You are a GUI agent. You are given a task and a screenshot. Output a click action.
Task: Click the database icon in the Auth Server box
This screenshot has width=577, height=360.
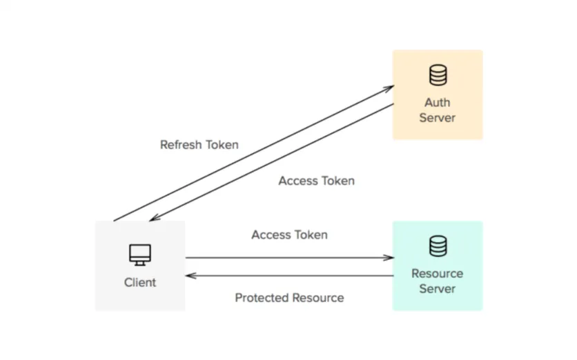(437, 74)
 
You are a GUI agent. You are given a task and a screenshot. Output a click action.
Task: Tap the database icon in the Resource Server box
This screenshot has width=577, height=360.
(437, 246)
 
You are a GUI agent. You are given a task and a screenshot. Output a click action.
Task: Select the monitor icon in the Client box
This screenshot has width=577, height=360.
(140, 254)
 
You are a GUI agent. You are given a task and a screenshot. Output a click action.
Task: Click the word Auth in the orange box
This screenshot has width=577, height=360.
(437, 103)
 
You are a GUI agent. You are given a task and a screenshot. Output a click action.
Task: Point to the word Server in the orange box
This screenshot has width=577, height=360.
(437, 118)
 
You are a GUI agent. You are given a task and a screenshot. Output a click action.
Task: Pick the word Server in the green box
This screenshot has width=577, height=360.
(437, 289)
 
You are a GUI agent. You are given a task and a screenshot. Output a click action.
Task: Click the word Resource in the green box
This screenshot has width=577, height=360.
(437, 274)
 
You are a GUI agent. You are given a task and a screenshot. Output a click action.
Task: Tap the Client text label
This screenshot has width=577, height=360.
(140, 282)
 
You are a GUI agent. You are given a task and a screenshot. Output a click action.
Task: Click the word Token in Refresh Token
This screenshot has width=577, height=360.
(222, 145)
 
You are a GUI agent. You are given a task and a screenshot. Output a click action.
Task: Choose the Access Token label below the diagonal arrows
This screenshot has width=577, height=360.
(316, 181)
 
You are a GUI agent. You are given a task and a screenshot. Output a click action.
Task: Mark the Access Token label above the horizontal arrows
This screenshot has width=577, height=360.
(289, 234)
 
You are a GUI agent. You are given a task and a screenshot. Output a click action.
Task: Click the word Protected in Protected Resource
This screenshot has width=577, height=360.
(262, 298)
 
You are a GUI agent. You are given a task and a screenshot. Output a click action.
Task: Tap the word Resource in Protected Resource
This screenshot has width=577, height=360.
(317, 298)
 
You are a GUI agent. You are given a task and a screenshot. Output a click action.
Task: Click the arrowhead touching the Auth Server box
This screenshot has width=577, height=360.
(390, 88)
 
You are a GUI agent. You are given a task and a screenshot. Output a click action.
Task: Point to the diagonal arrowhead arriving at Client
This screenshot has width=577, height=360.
(153, 219)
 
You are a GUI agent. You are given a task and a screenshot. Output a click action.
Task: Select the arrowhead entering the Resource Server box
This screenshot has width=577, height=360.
(389, 258)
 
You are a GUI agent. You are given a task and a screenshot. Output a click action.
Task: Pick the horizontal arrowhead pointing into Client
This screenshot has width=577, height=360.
(189, 275)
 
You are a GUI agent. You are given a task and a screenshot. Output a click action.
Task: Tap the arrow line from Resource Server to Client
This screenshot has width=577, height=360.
(290, 275)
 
